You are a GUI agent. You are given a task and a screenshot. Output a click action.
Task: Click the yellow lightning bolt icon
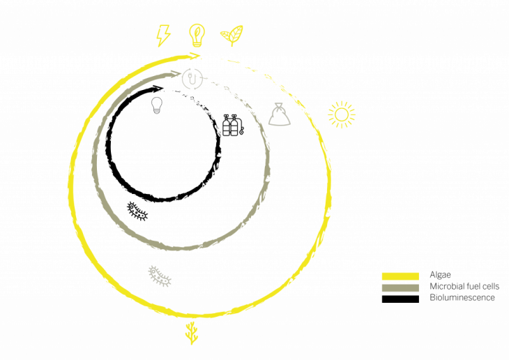pyautogui.click(x=163, y=35)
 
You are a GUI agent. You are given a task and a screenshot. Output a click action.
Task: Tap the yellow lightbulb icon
pyautogui.click(x=197, y=33)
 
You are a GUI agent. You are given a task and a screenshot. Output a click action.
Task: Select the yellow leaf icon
pyautogui.click(x=232, y=34)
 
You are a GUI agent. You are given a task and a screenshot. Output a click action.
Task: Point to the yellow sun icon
pyautogui.click(x=342, y=114)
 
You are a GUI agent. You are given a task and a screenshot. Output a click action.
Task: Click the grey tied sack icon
pyautogui.click(x=279, y=115)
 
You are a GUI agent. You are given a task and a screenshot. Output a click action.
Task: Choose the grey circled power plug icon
pyautogui.click(x=192, y=78)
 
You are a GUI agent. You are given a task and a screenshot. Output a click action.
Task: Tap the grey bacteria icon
pyautogui.click(x=160, y=276)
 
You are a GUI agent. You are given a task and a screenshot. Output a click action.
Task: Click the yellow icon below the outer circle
pyautogui.click(x=192, y=333)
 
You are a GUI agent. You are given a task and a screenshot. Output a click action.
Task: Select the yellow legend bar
pyautogui.click(x=400, y=276)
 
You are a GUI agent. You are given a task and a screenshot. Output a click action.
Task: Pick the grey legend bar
pyautogui.click(x=400, y=287)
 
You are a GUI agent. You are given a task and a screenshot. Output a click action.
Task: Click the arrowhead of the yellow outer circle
pyautogui.click(x=196, y=55)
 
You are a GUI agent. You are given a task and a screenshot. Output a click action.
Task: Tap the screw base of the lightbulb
pyautogui.click(x=197, y=43)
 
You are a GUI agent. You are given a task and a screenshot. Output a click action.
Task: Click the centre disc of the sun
pyautogui.click(x=342, y=114)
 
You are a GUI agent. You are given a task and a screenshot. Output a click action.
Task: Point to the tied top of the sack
pyautogui.click(x=278, y=105)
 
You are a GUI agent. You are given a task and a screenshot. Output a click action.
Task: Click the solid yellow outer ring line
pyautogui.click(x=70, y=185)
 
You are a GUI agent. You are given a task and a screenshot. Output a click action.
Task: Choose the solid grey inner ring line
pyautogui.click(x=94, y=164)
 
